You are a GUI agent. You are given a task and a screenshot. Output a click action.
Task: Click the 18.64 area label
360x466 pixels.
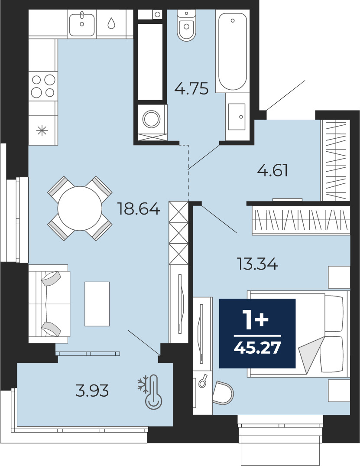139,209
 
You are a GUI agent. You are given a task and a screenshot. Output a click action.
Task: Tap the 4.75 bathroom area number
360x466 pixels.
191,88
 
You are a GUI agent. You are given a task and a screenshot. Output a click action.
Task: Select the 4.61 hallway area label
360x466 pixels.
272,171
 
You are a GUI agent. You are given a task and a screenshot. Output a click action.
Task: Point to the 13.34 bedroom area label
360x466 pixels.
257,264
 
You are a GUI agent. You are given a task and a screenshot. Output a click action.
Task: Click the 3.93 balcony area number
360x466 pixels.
92,391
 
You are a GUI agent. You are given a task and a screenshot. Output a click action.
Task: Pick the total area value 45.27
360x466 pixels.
257,348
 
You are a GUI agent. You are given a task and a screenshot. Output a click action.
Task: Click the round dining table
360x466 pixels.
80,209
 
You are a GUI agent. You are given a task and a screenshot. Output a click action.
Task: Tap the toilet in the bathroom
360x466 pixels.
187,25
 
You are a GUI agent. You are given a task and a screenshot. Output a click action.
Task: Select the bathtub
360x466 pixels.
233,51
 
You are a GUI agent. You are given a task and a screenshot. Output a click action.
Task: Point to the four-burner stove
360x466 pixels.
43,87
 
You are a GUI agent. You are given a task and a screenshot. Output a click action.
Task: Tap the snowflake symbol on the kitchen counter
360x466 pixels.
42,130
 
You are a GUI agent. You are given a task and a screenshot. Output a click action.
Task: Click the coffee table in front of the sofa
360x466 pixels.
97,304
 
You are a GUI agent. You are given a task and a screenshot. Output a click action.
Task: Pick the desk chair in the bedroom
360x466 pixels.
223,393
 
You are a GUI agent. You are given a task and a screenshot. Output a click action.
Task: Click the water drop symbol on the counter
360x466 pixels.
111,23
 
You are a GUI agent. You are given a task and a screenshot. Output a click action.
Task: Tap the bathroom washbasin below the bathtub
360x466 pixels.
237,117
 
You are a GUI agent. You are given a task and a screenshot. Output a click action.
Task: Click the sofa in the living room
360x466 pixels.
49,304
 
